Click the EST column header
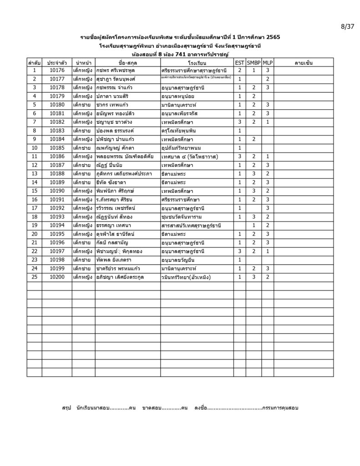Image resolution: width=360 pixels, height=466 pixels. pos(239,62)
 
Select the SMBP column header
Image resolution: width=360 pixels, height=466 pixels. pos(254,62)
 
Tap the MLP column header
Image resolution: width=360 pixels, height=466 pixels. pos(268,62)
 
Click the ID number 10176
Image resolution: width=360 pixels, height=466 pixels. pos(57,71)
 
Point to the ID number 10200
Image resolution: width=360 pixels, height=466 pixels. pos(57,277)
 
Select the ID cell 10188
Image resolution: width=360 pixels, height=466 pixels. pos(57,174)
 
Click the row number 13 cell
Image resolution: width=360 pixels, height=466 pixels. pos(34,174)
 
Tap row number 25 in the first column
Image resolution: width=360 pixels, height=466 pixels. pos(34,277)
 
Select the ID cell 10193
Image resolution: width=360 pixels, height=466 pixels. pos(57,217)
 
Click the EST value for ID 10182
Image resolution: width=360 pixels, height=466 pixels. pos(239,122)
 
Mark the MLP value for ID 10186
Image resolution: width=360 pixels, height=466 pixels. pos(268,157)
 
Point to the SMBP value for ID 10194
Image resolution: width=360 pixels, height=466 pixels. pos(254,225)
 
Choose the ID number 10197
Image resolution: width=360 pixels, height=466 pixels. pos(57,251)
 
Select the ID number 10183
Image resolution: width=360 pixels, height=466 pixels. pos(57,131)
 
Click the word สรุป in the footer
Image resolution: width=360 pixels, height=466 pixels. pos(67,408)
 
